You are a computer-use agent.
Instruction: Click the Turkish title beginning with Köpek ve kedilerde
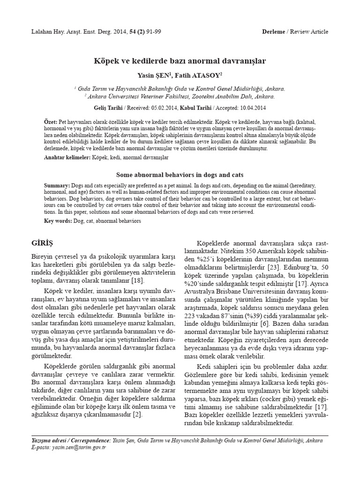(x=180, y=61)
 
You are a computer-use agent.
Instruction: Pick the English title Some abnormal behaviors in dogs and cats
(x=180, y=174)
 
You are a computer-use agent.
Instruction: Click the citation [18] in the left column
(x=138, y=281)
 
